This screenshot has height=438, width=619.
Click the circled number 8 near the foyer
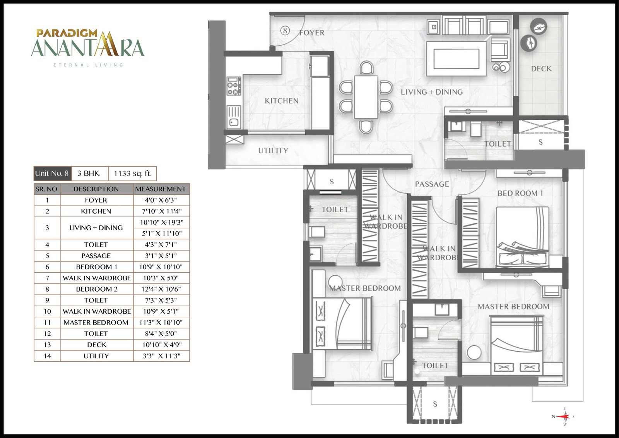pos(285,31)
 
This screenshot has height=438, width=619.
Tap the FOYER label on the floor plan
pos(312,33)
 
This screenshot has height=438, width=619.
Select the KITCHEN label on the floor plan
pos(282,101)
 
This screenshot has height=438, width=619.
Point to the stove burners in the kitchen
pos(234,86)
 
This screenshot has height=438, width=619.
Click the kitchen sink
pos(234,118)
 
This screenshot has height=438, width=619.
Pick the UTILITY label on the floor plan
pos(273,151)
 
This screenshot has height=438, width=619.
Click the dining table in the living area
pos(366,97)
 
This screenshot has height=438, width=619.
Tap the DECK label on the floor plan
pos(541,69)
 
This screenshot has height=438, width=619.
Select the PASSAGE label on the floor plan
pos(432,184)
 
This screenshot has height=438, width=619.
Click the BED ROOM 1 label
pos(520,193)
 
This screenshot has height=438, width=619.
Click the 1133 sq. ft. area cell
pos(133,173)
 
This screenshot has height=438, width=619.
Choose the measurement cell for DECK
pos(161,345)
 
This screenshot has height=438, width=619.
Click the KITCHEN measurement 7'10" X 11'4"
pos(161,211)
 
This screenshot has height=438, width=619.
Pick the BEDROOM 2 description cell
pos(97,289)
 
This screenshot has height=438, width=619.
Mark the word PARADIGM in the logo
pos(67,33)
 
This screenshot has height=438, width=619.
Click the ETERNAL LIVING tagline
pos(88,65)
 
